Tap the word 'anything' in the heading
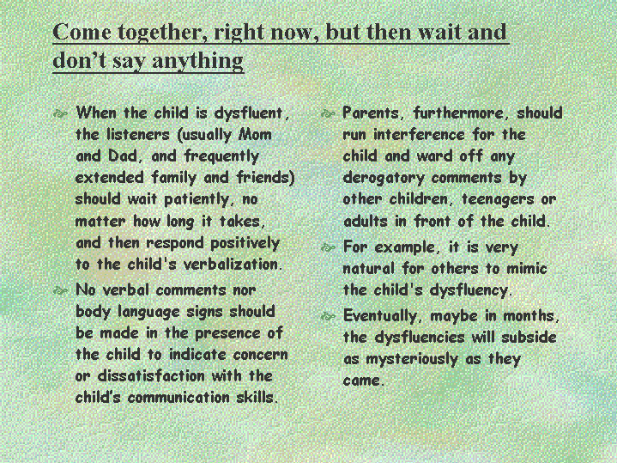pyautogui.click(x=197, y=61)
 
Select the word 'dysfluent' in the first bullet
pyautogui.click(x=251, y=113)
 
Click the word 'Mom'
pyautogui.click(x=256, y=134)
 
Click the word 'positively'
pyautogui.click(x=245, y=243)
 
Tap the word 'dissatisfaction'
pyautogui.click(x=151, y=375)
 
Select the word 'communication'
pyautogui.click(x=178, y=397)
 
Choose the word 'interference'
pyautogui.click(x=419, y=134)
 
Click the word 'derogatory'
pyautogui.click(x=384, y=178)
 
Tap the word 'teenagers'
pyautogui.click(x=498, y=199)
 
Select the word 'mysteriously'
pyautogui.click(x=412, y=359)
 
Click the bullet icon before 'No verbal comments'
pyautogui.click(x=60, y=291)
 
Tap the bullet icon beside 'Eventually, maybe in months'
pyautogui.click(x=328, y=316)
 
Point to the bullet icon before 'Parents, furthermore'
pyautogui.click(x=328, y=114)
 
